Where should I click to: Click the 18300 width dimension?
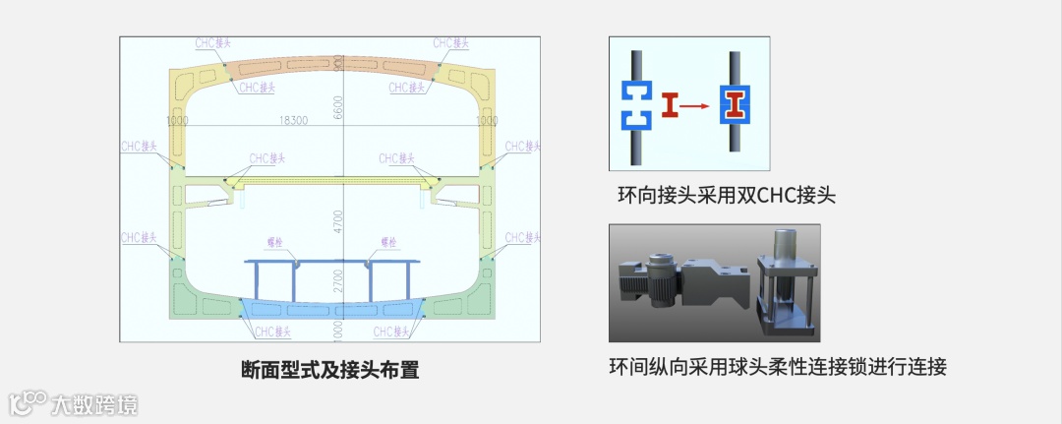(293, 121)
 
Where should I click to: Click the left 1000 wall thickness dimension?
(178, 121)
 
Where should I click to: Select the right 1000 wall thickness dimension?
(487, 121)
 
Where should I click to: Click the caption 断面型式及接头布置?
(329, 371)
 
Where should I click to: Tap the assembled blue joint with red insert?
(735, 105)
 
